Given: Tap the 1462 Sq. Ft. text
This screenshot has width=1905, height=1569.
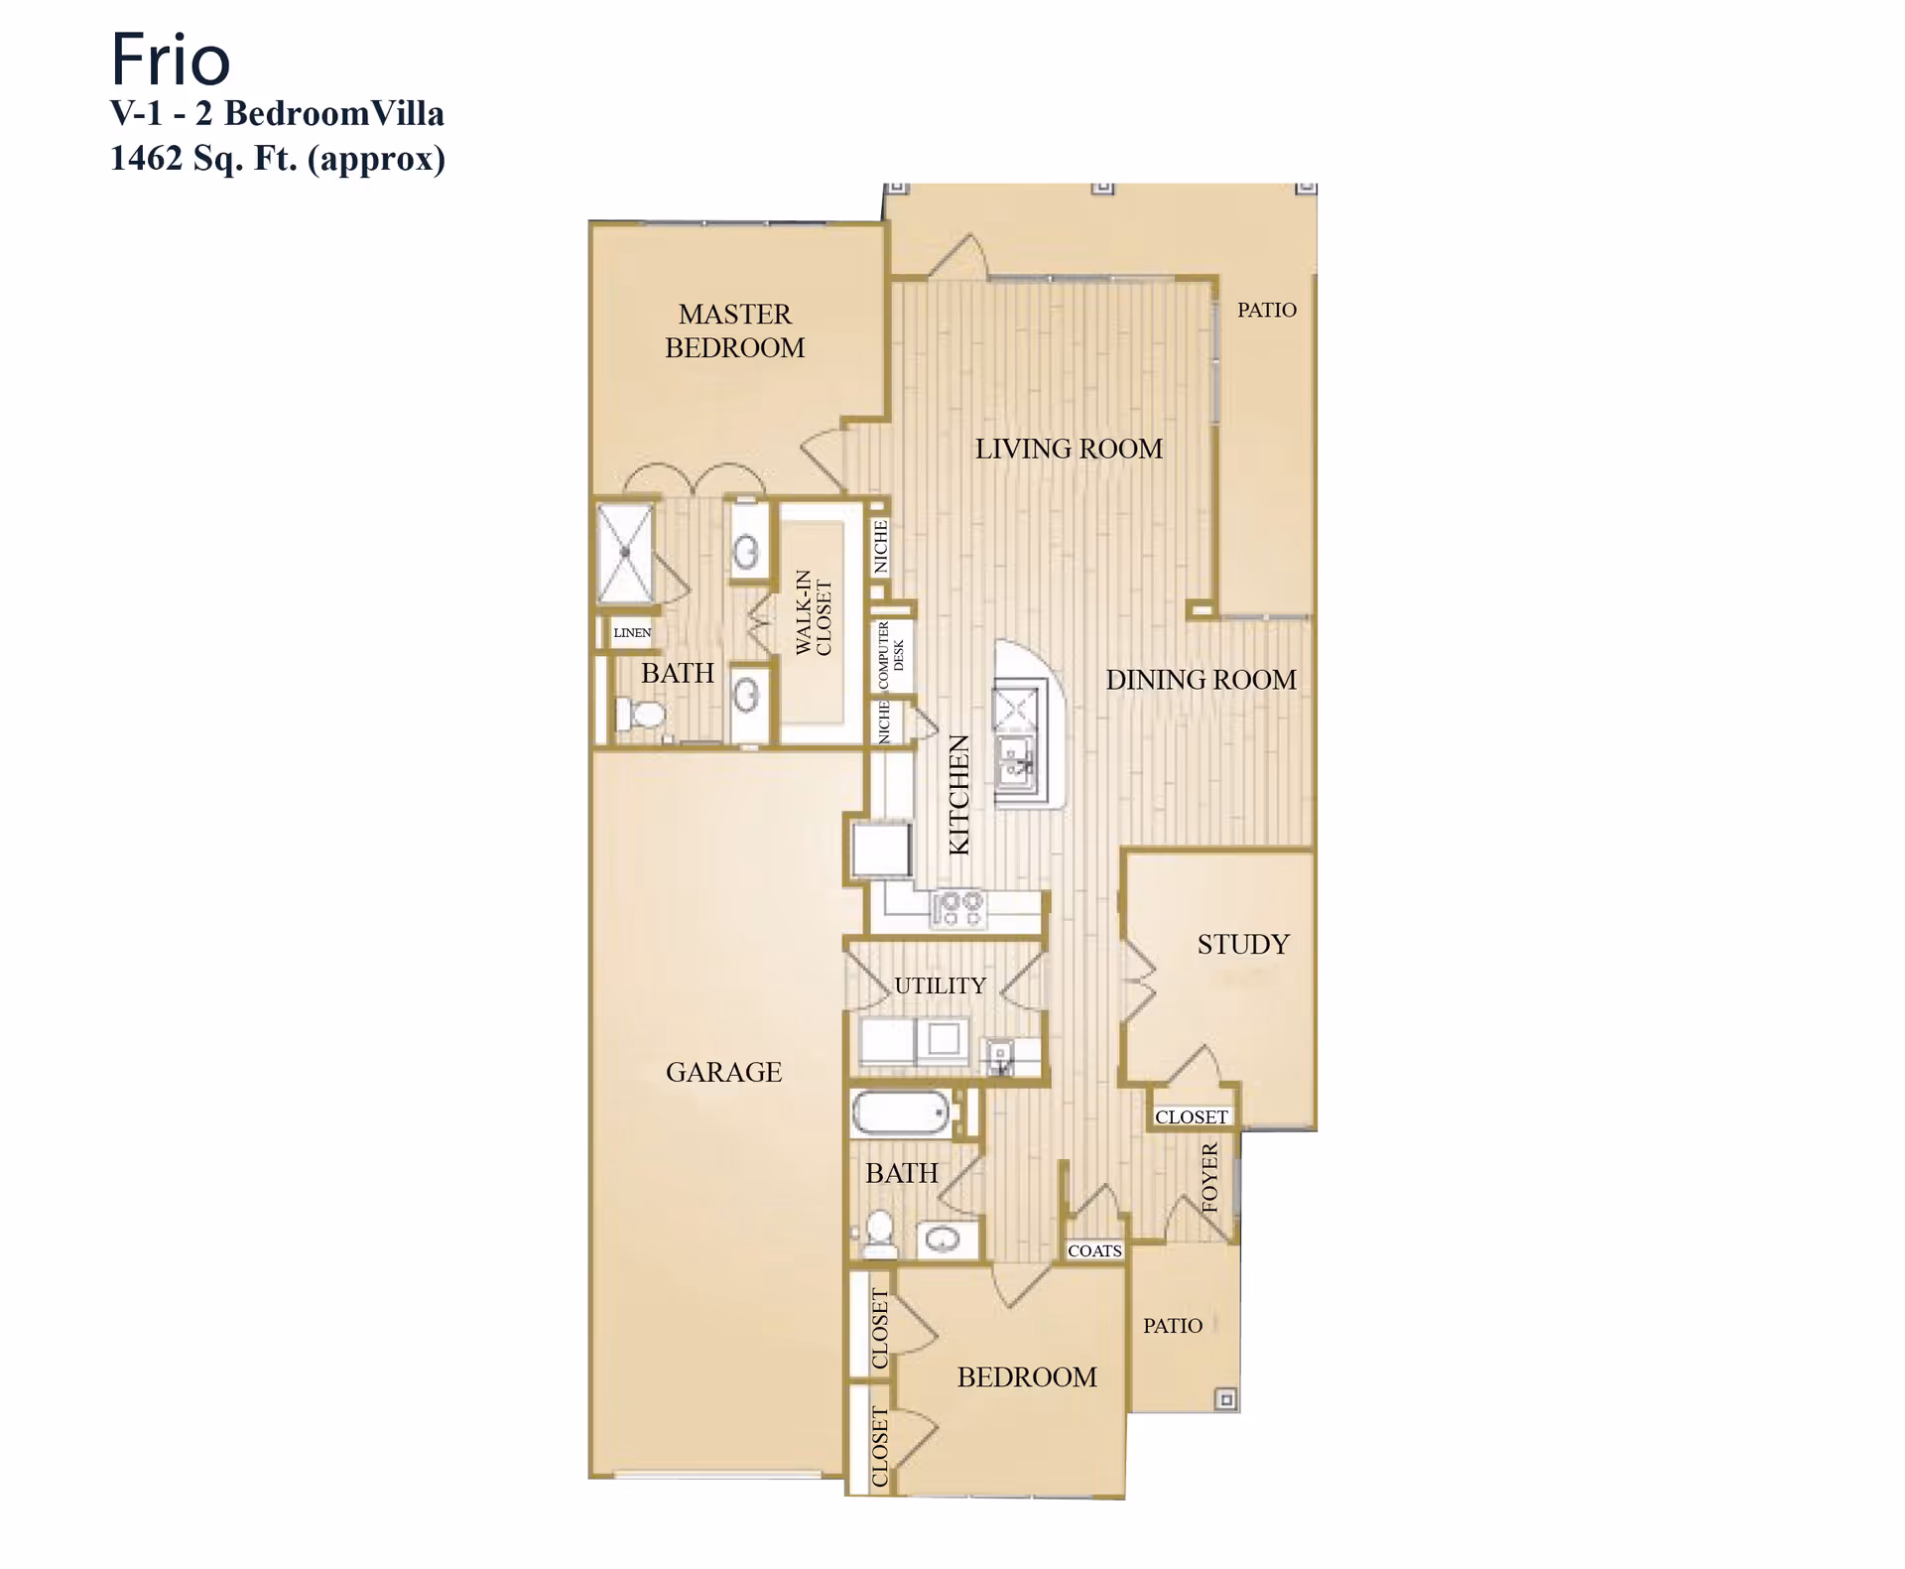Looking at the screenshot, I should click(x=277, y=159).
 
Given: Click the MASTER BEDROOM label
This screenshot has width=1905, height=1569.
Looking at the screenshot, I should click(x=734, y=331).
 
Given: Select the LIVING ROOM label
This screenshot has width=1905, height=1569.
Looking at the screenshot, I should click(x=1068, y=450).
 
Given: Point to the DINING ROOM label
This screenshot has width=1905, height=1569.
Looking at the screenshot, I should click(x=1201, y=681).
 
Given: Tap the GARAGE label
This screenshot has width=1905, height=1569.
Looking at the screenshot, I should click(x=723, y=1073).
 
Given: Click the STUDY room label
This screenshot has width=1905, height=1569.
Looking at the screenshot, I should click(x=1242, y=945).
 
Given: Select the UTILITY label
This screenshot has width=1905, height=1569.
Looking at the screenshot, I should click(x=940, y=986).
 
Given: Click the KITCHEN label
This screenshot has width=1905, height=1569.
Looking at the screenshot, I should click(x=958, y=795).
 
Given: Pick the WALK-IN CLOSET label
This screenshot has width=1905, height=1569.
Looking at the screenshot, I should click(x=814, y=613).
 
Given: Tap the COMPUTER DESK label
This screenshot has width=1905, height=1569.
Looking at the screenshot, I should click(x=890, y=655).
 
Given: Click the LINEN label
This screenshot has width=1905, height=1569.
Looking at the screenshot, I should click(x=632, y=633).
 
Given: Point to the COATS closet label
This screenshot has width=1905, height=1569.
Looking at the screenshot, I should click(x=1094, y=1251).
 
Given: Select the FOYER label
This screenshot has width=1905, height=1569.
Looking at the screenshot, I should click(x=1209, y=1178).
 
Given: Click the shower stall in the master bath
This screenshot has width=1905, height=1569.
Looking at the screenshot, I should click(x=625, y=553).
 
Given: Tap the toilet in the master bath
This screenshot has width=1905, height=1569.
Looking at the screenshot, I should click(x=640, y=714).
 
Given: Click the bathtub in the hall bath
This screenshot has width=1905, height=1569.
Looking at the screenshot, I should click(x=901, y=1112).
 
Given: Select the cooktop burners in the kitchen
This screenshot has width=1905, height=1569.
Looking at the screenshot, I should click(x=957, y=908).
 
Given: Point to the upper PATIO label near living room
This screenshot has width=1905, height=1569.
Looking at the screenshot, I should click(x=1266, y=311).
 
